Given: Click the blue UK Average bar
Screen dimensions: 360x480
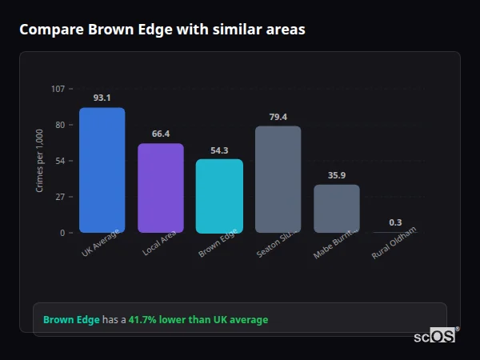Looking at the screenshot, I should pos(102,170).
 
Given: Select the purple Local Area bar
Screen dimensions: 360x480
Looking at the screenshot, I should pos(161,188).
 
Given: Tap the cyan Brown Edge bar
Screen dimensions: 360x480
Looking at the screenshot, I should pos(219,196).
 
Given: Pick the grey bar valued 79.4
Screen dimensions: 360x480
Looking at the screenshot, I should pos(278,179).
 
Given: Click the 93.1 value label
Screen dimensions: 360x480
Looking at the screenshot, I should pos(102,98).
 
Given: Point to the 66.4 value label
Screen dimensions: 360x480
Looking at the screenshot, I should pos(161,134).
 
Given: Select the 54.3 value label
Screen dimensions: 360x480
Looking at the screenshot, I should pos(219,150).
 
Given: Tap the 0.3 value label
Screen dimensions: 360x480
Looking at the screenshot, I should pos(395,222).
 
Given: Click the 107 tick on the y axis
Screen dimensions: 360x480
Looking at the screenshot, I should pos(58,89).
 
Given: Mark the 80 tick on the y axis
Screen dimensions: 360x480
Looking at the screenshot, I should pos(60,125).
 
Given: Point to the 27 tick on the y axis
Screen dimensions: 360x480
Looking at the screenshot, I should pos(60,197).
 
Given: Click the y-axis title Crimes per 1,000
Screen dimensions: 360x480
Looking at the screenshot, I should pos(40,160).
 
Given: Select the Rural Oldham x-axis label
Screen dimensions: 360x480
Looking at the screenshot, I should pos(394,245).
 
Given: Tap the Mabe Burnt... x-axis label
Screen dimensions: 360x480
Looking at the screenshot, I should pos(335,244).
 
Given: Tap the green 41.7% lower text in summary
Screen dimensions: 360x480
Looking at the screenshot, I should pos(198,320).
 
